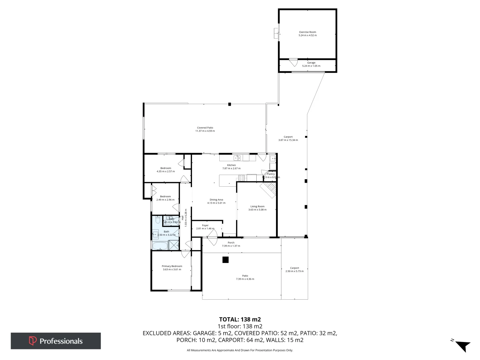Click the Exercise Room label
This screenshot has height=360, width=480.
point(307,32)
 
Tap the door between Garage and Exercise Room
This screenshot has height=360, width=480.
point(293,62)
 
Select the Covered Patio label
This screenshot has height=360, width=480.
point(205,128)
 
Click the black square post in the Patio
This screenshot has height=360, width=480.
point(226,260)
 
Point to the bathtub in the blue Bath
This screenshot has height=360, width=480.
point(160,246)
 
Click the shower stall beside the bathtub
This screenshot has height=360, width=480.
point(174,245)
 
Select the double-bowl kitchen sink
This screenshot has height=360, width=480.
point(237,158)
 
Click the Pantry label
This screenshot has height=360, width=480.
point(271,174)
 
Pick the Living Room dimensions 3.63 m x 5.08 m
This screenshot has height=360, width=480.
point(257,210)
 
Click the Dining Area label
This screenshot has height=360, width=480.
point(216,200)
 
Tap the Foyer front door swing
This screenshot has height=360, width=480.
point(212,240)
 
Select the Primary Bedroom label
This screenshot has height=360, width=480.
point(172,266)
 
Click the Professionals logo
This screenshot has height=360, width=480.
point(56,341)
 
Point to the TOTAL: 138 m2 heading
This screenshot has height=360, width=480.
point(240,319)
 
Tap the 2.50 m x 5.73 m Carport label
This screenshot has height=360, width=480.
point(294,271)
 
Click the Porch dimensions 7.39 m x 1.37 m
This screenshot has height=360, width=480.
point(231,246)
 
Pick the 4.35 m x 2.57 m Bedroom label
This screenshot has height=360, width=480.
point(166,171)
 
